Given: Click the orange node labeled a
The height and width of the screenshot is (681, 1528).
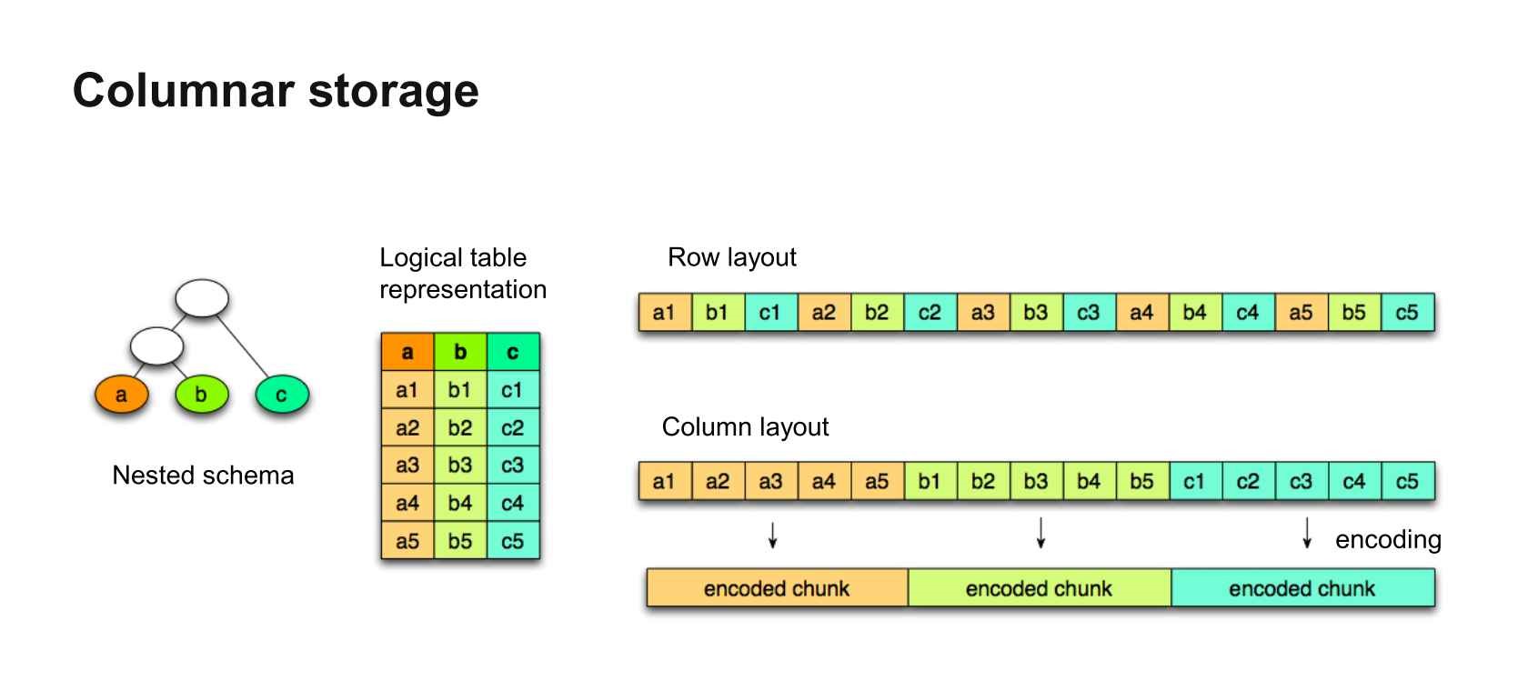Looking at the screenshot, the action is pos(122,394).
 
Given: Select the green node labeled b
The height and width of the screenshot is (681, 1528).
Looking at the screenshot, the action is pos(201,394).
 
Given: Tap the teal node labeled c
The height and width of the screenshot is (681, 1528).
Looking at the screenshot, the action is pos(282,394).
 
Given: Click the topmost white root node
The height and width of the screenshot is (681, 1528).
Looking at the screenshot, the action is pos(202,298).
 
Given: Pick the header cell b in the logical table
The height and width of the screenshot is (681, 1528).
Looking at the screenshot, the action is pos(460,352).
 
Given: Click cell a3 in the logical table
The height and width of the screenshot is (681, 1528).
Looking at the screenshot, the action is pos(407,465).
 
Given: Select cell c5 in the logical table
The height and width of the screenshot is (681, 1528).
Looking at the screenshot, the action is pos(513,541).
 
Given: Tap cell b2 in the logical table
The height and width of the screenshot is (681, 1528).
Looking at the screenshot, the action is pos(460,427).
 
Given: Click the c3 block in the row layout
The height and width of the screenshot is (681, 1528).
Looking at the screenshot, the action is pos(1089,312).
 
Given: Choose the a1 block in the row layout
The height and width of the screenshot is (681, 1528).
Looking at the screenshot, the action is pos(665,312).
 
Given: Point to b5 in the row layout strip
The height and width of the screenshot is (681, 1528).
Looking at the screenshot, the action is pos(1354,312).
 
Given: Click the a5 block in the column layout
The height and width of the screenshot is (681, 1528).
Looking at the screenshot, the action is pos(877,481).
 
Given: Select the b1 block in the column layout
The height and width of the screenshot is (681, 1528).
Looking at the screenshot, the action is pos(930,481).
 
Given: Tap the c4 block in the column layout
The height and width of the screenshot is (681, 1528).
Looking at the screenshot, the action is pos(1354,481).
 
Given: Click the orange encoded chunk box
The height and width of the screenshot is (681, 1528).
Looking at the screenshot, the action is pos(777,587).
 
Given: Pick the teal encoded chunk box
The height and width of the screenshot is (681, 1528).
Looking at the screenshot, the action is pos(1302,587).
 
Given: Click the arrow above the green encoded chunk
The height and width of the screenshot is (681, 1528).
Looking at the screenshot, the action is pos(1040,533).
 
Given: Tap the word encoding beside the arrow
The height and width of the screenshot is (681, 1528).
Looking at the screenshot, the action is pos(1388,539).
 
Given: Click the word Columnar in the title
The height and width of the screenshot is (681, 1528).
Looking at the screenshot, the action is pos(184,91).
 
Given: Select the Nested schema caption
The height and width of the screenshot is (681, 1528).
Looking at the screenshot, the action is pos(204,476).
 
